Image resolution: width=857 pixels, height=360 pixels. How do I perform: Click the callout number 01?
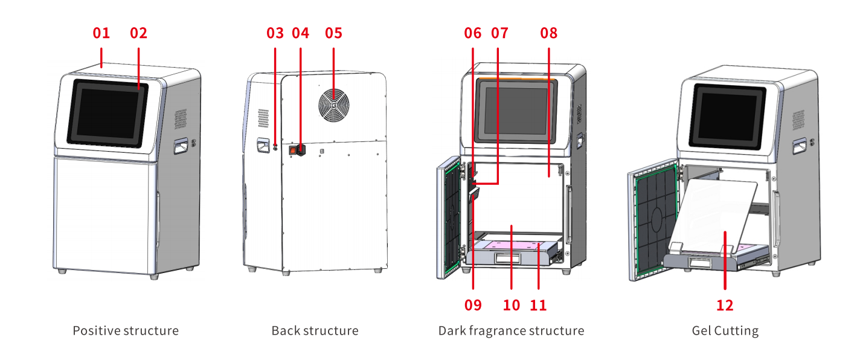pos(101,33)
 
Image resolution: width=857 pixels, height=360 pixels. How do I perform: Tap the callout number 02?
pos(138,33)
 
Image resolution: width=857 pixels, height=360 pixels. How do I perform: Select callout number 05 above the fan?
pos(333,33)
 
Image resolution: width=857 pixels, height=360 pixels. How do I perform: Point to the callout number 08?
pos(549,33)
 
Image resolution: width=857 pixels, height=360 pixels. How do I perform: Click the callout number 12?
pos(725,305)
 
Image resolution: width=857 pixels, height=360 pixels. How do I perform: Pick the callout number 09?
pos(473,305)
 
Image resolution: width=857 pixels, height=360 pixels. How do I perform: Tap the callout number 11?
pos(538,305)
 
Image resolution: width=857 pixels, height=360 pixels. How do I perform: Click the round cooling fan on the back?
pos(333,106)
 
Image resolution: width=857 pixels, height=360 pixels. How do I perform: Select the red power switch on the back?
pos(295,149)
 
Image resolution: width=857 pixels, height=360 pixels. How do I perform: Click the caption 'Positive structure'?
pos(126,331)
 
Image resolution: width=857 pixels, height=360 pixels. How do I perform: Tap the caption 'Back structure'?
pos(315,331)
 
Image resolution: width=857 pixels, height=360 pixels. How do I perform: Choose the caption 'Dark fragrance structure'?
pos(511,331)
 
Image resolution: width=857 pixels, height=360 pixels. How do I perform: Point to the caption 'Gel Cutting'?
pos(725,331)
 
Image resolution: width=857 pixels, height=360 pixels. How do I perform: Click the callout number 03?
pos(275,33)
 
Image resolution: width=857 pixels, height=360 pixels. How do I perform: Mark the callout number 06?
pos(473,33)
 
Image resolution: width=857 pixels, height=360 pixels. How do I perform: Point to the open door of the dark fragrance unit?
pos(451,217)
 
